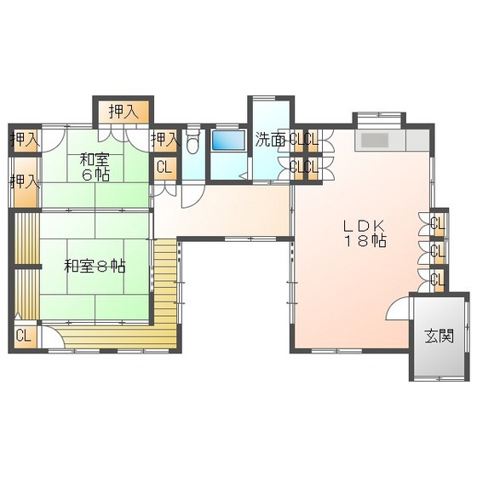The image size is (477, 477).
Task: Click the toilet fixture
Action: (193, 141)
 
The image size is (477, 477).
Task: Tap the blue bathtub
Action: (228, 141)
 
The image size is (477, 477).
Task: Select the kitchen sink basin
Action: (375, 141)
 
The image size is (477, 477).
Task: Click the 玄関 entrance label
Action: (439, 336)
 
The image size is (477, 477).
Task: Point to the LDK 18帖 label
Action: (365, 233)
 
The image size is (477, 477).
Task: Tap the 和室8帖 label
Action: (95, 267)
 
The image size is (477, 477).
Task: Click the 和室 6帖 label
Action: (95, 167)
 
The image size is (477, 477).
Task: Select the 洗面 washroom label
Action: (270, 140)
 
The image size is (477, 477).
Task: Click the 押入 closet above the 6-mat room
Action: (124, 112)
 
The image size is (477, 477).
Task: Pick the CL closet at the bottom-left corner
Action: (24, 336)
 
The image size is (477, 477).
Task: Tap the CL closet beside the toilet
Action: (164, 168)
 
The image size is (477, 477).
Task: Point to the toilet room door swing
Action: (193, 196)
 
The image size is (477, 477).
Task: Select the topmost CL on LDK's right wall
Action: (439, 224)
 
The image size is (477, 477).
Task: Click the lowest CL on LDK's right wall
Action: (439, 279)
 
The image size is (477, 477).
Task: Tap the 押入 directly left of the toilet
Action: (164, 141)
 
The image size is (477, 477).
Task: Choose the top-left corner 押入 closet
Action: (26, 141)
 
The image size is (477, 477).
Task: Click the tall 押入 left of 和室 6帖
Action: (26, 183)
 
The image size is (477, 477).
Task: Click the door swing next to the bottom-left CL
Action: (53, 336)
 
